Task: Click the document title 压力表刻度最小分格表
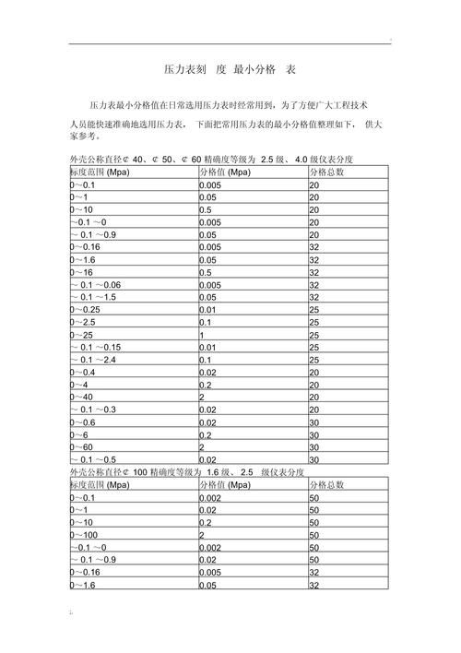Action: point(230,70)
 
